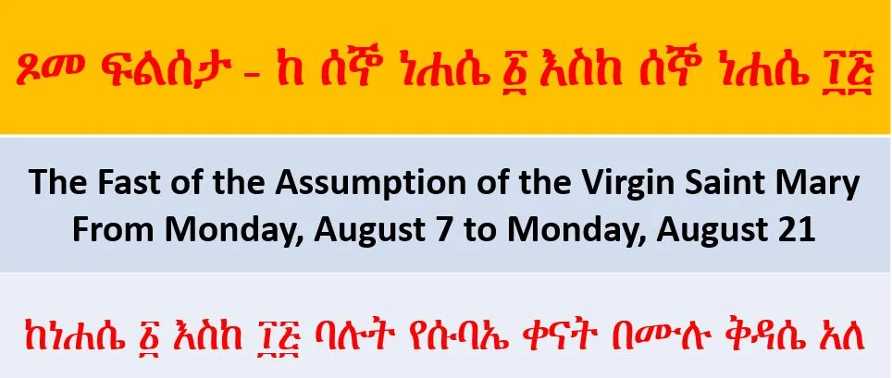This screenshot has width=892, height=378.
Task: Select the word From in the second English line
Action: [x=116, y=229]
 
